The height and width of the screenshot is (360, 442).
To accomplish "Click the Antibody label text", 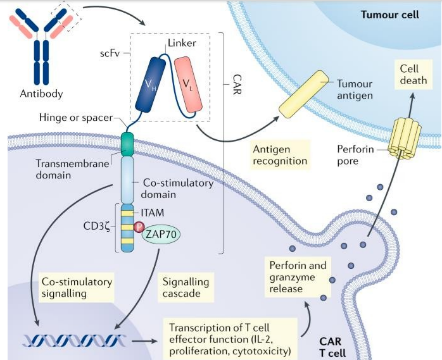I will (x=42, y=94).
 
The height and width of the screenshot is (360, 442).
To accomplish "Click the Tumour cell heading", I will (x=389, y=13).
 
